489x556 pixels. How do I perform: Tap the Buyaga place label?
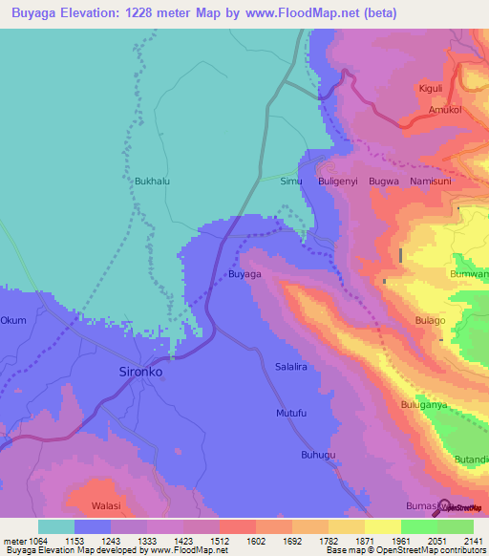[x=244, y=274]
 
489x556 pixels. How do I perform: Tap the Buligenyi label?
[x=340, y=180]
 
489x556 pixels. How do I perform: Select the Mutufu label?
[x=291, y=413]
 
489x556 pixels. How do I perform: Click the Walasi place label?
[x=106, y=504]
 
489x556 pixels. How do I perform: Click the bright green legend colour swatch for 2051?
[x=419, y=526]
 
